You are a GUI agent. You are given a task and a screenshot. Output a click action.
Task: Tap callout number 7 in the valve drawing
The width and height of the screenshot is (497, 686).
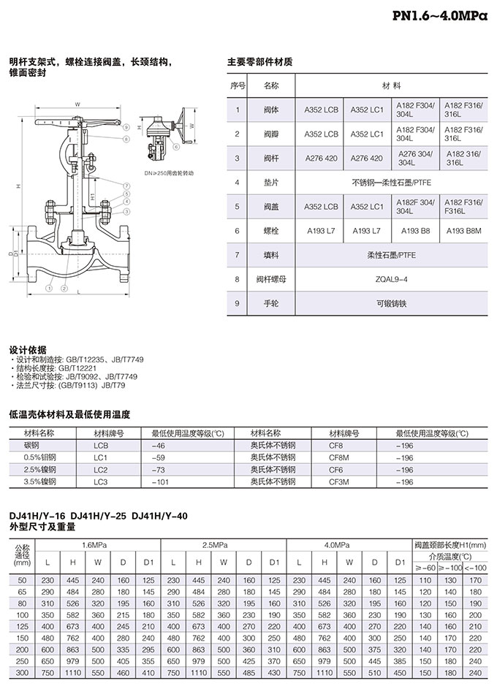126,185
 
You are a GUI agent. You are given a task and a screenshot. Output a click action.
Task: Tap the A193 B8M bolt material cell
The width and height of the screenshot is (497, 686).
466,231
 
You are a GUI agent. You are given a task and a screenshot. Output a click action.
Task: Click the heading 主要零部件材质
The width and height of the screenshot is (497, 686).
260,61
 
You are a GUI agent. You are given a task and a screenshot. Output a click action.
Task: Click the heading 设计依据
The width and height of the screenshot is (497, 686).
27,349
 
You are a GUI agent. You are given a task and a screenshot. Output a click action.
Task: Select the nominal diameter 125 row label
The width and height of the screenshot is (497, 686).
22,626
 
